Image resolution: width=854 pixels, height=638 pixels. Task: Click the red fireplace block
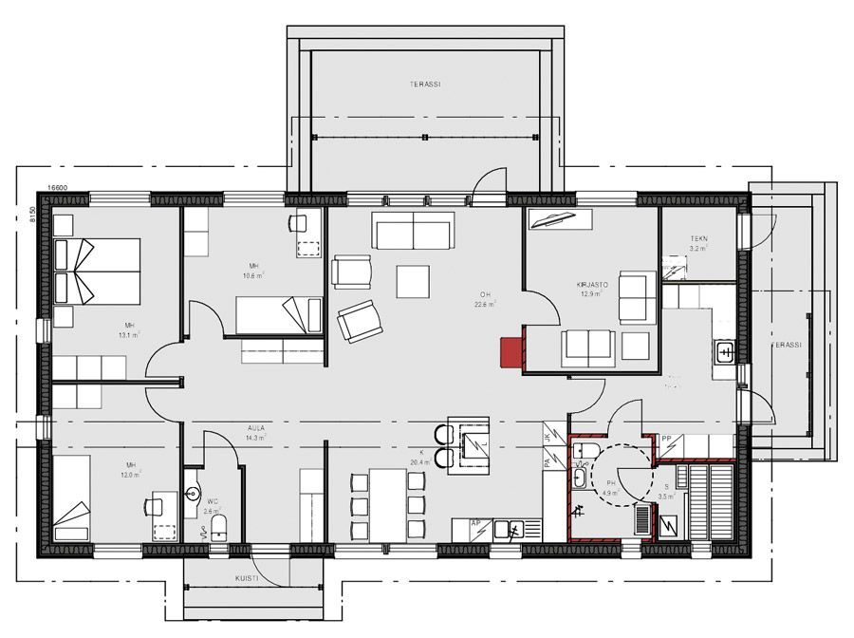tap(511, 349)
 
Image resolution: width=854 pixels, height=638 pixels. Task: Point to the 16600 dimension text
tap(58, 189)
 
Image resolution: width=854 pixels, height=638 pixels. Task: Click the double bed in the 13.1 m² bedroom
tap(97, 270)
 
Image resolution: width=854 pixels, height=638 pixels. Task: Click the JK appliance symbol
tap(548, 438)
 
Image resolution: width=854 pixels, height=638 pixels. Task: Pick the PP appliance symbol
tap(668, 440)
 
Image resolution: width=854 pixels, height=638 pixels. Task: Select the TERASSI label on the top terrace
tap(424, 84)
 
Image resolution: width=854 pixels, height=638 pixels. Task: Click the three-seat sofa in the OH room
tap(414, 231)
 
